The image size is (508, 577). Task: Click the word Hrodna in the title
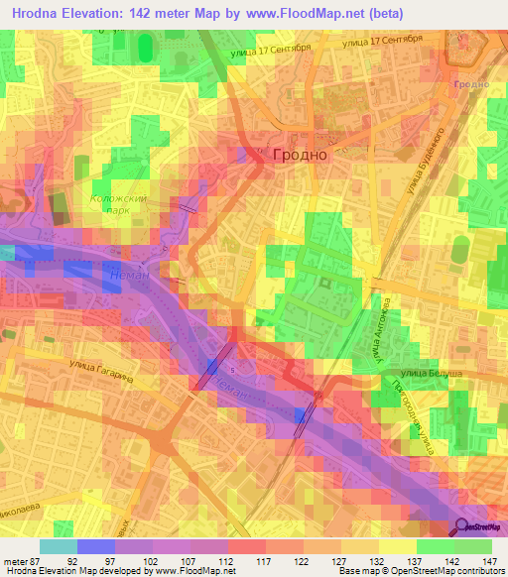pos(40,13)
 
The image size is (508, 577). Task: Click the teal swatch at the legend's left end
pos(58,547)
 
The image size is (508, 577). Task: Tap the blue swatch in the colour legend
pos(95,547)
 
